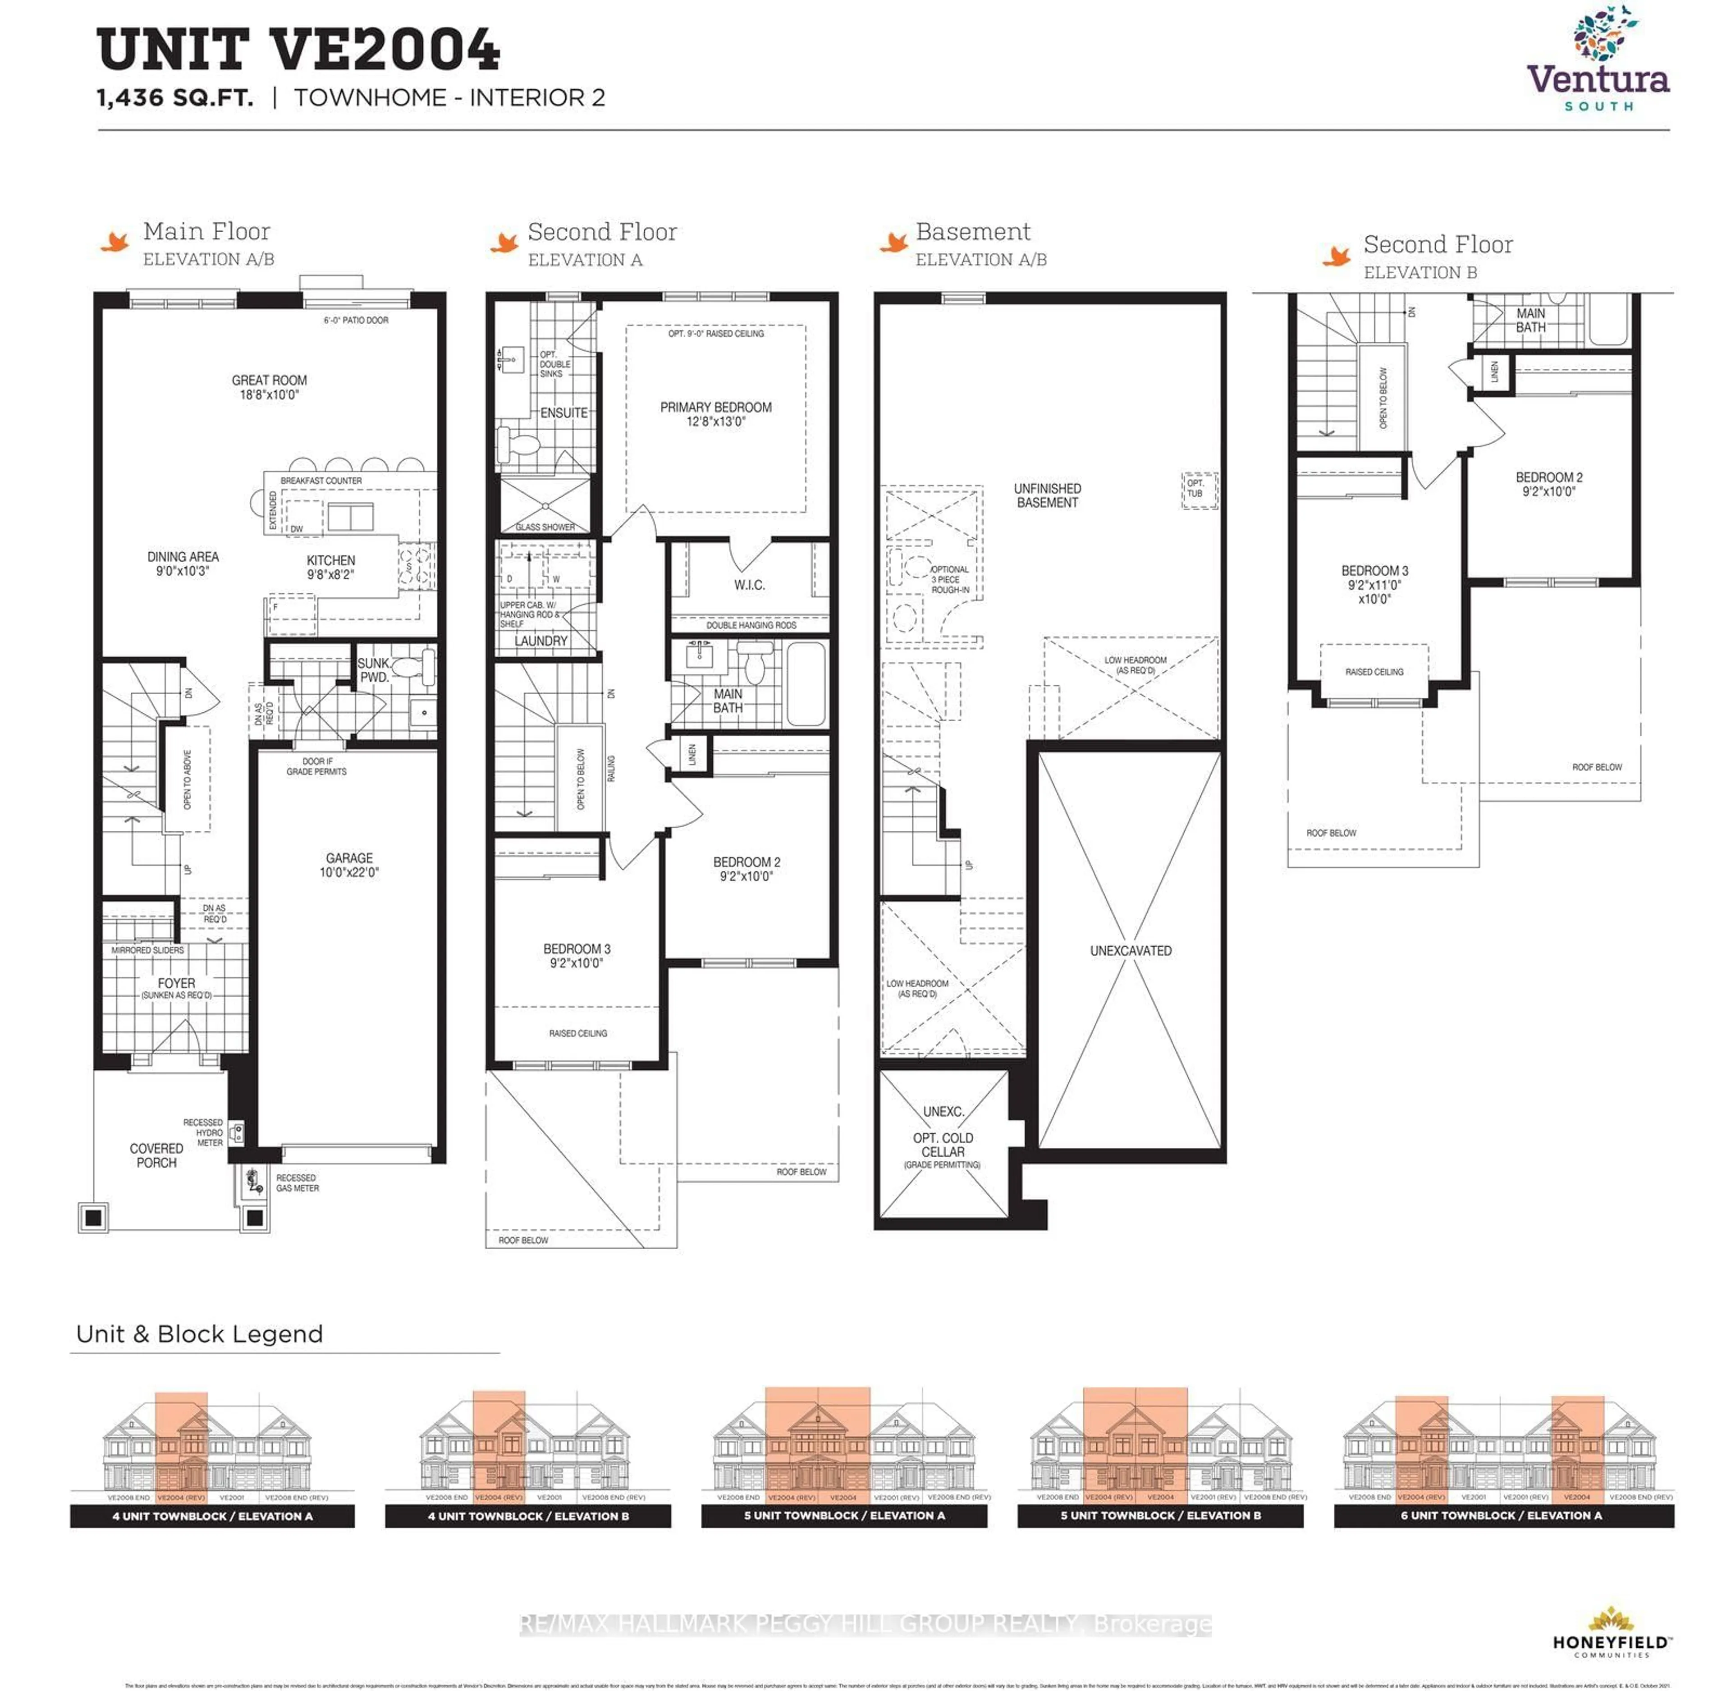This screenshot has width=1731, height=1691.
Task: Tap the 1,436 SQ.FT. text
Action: click(175, 98)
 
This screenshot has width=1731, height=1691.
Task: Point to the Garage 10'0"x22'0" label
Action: click(349, 864)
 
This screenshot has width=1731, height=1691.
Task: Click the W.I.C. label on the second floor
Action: click(749, 584)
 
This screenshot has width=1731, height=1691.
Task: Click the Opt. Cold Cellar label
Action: click(942, 1144)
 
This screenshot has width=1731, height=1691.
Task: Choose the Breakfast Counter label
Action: click(321, 481)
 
